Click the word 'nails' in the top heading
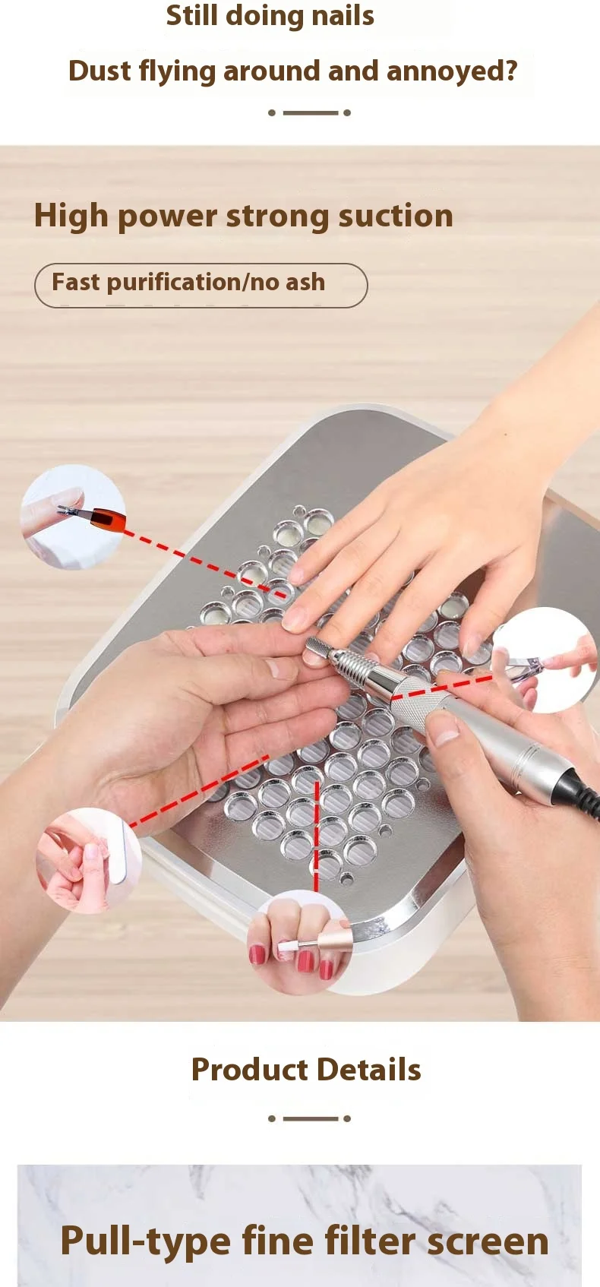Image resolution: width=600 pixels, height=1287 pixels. [343, 15]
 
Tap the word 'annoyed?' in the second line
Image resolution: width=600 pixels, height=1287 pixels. [452, 71]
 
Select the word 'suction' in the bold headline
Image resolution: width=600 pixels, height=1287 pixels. [396, 216]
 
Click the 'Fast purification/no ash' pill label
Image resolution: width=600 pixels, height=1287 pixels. [201, 286]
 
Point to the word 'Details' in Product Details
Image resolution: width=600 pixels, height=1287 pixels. [368, 1069]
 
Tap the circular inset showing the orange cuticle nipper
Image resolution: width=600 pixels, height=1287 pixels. [73, 517]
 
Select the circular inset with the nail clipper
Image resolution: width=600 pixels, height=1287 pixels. [545, 659]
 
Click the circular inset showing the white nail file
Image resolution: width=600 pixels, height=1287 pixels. [88, 861]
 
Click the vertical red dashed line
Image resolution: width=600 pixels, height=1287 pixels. [317, 836]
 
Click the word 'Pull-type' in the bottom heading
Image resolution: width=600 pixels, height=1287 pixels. [145, 1242]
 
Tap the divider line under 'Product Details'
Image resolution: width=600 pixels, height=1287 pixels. [309, 1118]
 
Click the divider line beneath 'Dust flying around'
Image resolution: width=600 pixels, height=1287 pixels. [309, 112]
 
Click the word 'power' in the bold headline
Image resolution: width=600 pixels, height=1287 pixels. [168, 217]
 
